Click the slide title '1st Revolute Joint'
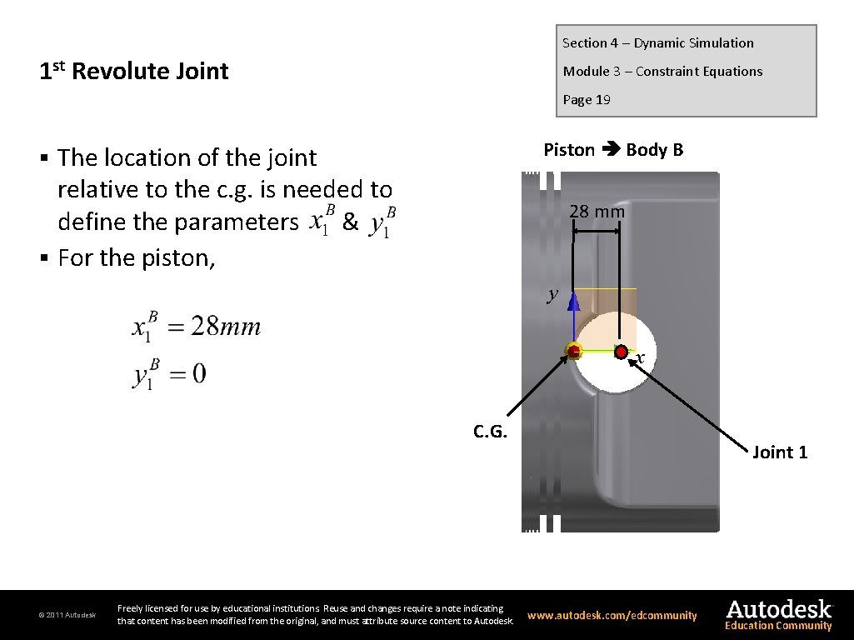pos(134,72)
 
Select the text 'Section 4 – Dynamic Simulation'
pos(657,43)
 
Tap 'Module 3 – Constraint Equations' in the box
pos(662,72)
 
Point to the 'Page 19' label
pos(587,100)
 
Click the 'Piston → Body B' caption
pos(613,150)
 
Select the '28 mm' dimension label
pos(597,212)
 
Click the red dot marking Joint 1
pos(622,352)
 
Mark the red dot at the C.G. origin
pos(573,351)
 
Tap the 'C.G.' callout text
pos(490,431)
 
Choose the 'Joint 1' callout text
pos(780,452)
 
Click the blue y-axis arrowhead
pos(574,301)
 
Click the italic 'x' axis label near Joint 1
pos(639,358)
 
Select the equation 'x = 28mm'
pos(197,327)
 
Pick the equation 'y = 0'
pos(170,374)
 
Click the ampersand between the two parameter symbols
pos(350,222)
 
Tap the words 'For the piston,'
pos(137,257)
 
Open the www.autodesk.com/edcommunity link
pos(612,616)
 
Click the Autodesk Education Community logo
pos(778,615)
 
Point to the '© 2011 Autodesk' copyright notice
pos(67,616)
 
